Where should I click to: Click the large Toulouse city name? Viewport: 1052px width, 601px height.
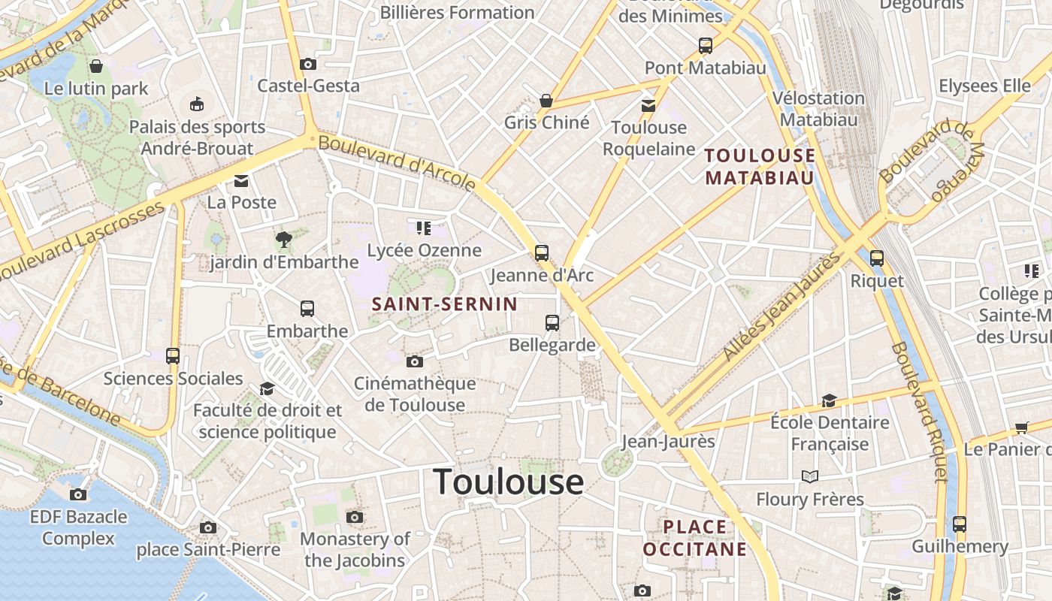[509, 482]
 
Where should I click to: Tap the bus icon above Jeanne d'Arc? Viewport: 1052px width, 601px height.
[542, 252]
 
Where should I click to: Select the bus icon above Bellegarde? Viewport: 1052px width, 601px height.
[552, 323]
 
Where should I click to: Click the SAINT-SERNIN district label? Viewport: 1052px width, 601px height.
[445, 304]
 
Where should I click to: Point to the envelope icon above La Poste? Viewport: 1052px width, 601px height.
[241, 181]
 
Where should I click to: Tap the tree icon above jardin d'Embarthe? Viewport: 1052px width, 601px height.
[283, 240]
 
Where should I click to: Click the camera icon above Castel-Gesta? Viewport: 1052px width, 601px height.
[307, 65]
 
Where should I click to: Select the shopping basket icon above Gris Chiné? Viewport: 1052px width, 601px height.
[546, 101]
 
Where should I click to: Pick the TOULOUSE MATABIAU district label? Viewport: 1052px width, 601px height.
[760, 167]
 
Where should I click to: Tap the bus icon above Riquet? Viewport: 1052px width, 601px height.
[876, 258]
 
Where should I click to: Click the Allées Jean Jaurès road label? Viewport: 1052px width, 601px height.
[781, 307]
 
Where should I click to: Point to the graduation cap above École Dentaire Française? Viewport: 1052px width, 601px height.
[829, 400]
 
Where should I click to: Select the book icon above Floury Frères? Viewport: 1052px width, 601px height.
[809, 476]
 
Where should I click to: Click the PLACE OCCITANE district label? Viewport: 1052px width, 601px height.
[695, 538]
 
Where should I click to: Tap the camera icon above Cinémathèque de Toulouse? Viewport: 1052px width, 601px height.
[414, 362]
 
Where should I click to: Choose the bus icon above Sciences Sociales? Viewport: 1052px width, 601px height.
[173, 356]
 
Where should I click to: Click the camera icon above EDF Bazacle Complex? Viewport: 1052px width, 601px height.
[78, 494]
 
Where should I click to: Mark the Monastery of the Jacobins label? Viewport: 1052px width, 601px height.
[355, 549]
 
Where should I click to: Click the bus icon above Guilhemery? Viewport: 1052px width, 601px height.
[960, 524]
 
